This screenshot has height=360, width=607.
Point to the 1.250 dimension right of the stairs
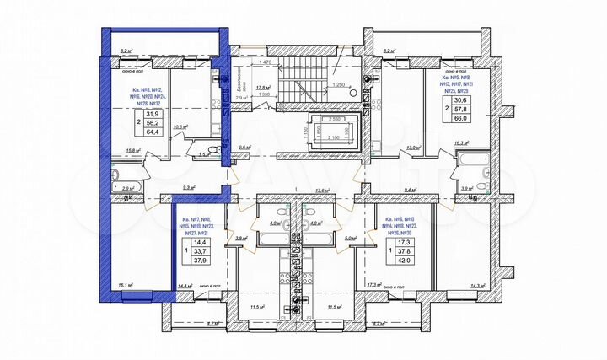341,85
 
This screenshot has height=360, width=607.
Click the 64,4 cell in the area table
153,132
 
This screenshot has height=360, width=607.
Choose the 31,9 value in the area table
153,114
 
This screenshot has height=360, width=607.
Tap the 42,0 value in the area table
405,261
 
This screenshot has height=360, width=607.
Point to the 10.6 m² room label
179,127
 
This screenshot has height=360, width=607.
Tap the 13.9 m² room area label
414,148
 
